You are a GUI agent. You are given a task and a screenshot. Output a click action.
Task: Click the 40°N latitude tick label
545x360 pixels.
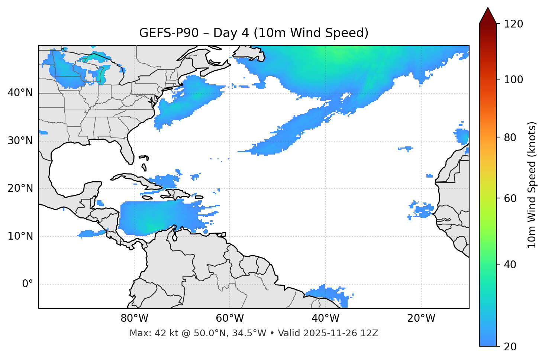click(20, 93)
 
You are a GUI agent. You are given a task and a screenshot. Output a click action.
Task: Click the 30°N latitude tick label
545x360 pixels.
click(20, 141)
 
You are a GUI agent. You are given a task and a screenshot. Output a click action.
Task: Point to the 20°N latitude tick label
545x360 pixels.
click(20, 188)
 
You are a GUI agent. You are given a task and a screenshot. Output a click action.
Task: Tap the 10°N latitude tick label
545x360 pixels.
click(20, 236)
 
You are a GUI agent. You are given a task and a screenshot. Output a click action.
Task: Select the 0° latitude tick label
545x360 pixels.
click(28, 284)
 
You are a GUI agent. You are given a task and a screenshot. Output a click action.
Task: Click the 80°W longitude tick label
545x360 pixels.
click(134, 318)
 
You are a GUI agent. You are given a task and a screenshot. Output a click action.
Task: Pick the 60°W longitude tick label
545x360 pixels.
click(230, 318)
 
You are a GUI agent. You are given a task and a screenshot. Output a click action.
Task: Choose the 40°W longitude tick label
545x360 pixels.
click(325, 318)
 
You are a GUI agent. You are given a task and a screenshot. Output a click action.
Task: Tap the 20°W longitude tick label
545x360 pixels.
click(421, 318)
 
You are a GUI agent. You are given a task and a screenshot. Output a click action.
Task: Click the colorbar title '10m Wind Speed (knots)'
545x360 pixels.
click(532, 185)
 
